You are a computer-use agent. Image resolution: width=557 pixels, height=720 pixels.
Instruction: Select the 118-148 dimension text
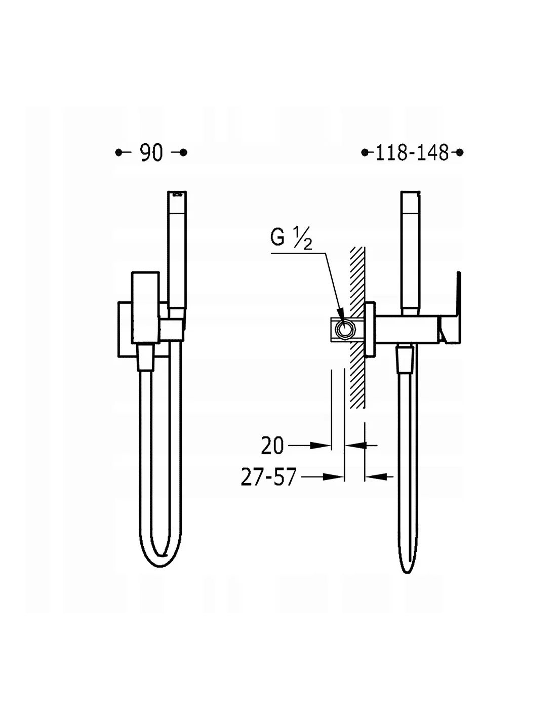coord(412,153)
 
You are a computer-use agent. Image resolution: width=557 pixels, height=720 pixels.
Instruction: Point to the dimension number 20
coord(272,446)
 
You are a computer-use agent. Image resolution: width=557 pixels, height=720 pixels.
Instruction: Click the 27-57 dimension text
coord(268,477)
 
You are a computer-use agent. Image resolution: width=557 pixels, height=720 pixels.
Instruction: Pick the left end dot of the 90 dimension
coord(118,152)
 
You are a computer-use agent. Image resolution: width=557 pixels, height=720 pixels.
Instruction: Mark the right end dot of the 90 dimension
coord(184,152)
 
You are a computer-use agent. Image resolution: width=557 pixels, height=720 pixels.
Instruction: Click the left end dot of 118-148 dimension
coord(365,152)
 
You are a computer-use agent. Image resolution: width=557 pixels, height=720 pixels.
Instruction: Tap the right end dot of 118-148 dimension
coord(459,152)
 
